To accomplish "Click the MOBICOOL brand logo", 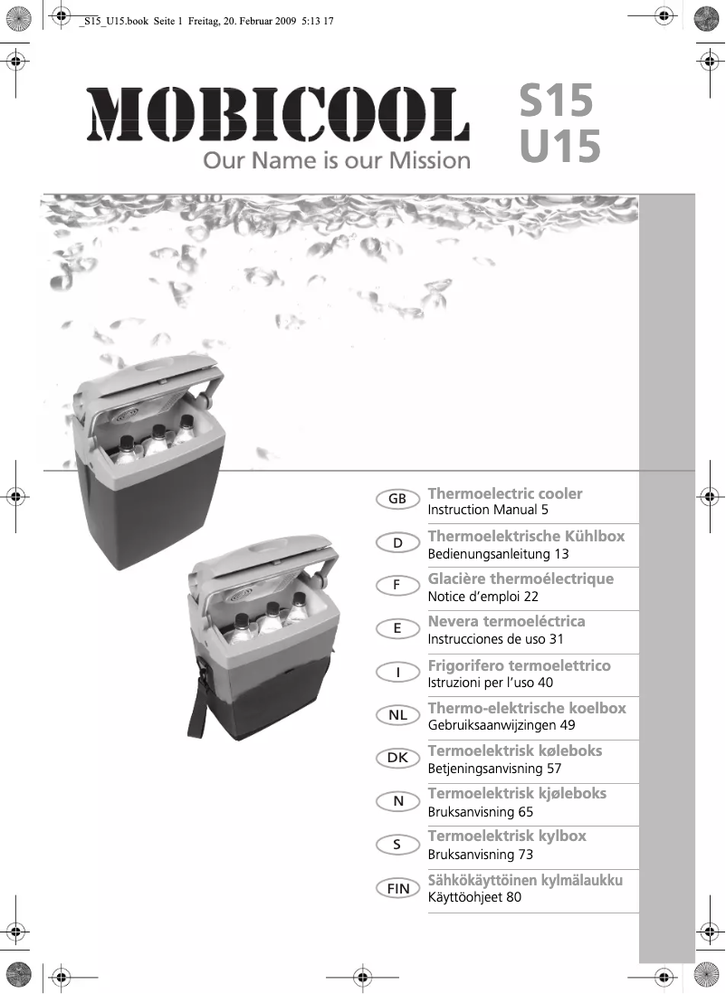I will tap(278, 116).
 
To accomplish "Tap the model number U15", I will tap(559, 148).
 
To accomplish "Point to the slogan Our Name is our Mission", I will tap(337, 162).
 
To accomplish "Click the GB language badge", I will tap(397, 500).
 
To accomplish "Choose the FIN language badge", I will tap(397, 889).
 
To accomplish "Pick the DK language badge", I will tap(397, 758).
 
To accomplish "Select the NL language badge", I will tap(397, 715).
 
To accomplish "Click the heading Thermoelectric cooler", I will tap(504, 493).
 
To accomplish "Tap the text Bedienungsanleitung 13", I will tap(498, 554).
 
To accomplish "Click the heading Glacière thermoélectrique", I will tap(521, 578).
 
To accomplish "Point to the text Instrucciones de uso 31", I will tap(495, 639).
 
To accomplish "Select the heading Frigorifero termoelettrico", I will tap(519, 665).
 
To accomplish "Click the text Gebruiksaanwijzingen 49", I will tap(501, 725).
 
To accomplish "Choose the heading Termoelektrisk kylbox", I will tap(507, 836).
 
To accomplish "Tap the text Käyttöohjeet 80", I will tap(474, 897).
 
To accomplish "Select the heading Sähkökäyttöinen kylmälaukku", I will tap(525, 880).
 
